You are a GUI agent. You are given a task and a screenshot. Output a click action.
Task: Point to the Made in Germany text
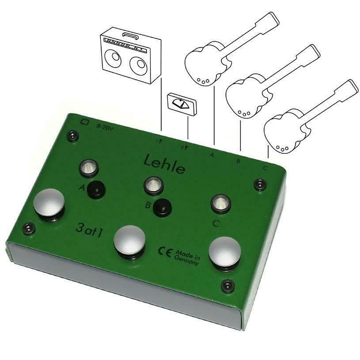(188, 256)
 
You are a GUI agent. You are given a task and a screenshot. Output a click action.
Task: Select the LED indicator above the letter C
(220, 203)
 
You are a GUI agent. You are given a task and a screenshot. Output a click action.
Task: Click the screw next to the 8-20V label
(71, 136)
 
